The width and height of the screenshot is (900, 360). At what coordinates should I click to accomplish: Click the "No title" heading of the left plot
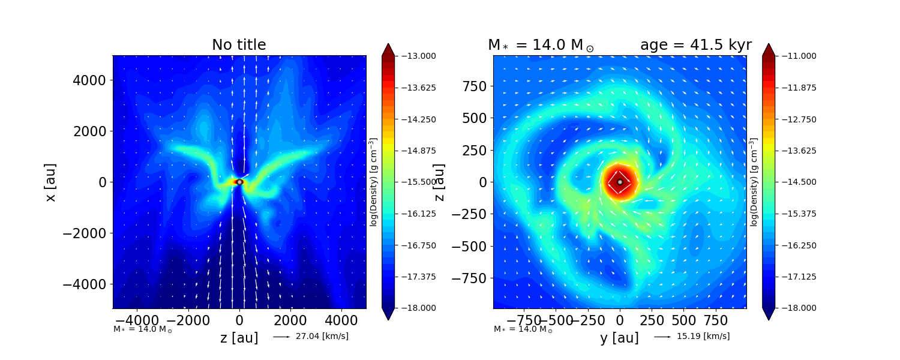click(x=239, y=45)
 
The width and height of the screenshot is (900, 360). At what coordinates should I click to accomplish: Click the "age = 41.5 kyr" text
click(x=695, y=45)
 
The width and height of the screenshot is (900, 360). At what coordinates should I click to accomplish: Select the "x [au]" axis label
click(x=51, y=182)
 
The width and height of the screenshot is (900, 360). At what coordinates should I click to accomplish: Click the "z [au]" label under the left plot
click(x=239, y=338)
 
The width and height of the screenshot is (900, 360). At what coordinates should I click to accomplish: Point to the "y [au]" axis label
click(x=619, y=338)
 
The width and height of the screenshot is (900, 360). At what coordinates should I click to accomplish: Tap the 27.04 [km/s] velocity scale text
click(x=322, y=336)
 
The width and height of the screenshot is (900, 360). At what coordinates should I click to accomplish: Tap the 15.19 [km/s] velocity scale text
click(x=703, y=336)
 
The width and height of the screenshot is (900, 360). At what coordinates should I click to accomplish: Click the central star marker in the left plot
click(x=239, y=182)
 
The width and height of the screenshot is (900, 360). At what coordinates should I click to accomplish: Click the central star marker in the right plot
click(x=620, y=182)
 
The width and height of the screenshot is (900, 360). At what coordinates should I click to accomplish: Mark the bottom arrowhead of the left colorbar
click(x=388, y=314)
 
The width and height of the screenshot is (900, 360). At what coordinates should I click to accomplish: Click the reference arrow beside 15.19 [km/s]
click(x=662, y=337)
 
